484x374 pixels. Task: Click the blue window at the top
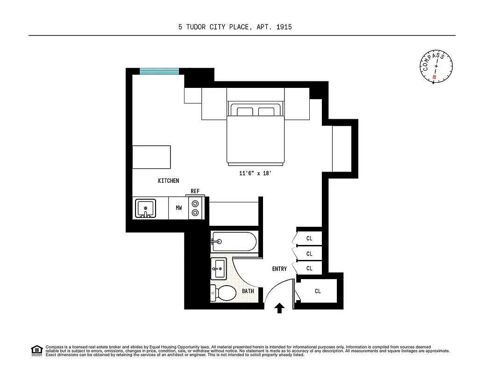click(159, 72)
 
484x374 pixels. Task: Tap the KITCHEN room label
click(168, 181)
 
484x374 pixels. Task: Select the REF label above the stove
click(195, 191)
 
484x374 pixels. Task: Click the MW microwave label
click(179, 208)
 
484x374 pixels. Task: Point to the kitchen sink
click(146, 208)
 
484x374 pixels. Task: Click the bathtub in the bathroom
click(233, 242)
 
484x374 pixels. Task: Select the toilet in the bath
click(224, 293)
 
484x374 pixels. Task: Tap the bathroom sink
click(218, 268)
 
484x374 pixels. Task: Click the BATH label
click(248, 291)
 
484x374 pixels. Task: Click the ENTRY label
click(279, 269)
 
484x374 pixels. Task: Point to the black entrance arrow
click(279, 308)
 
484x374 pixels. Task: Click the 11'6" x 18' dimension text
click(255, 173)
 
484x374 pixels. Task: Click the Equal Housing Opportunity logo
click(36, 350)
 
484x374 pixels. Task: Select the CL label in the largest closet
click(318, 291)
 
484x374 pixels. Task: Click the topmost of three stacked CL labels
click(309, 238)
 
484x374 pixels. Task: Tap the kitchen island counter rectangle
click(152, 157)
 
